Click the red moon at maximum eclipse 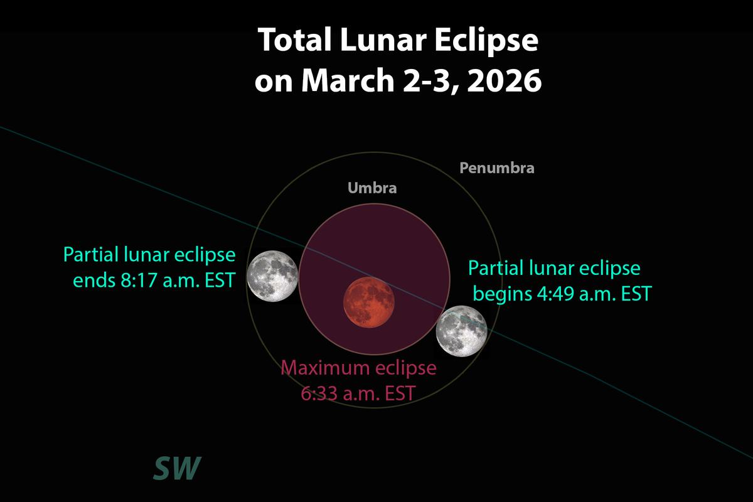point(369,302)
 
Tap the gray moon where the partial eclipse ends point(272,276)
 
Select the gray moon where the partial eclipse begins point(462,331)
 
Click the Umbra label point(372,188)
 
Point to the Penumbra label point(497,168)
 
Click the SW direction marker point(177,468)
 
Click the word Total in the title point(294,40)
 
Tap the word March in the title point(348,80)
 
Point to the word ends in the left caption point(94,280)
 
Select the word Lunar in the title point(383,40)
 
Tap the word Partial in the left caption point(90,255)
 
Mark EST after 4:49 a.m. point(636,293)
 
